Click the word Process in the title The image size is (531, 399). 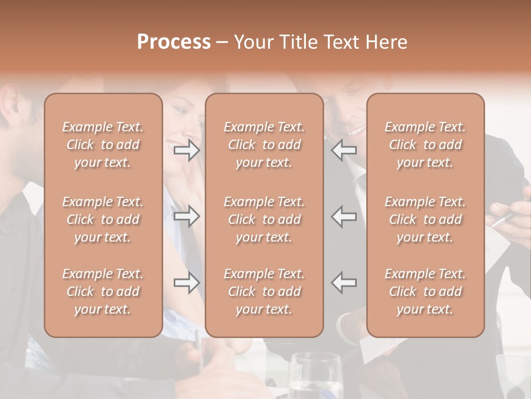coord(174,42)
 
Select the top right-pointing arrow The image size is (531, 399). coord(187,151)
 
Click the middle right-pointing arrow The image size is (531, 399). coord(187,216)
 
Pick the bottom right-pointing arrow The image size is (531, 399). coord(187,283)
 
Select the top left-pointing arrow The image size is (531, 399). coord(344,151)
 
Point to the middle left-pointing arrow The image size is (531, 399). coord(344,216)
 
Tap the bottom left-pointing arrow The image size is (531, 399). coord(344,283)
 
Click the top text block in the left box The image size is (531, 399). coord(103,145)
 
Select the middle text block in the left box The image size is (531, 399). coord(103,219)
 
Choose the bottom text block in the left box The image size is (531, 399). coord(103,291)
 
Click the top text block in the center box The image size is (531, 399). coord(264,145)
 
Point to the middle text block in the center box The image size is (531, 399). coord(264,219)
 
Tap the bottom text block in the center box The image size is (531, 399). coord(264,291)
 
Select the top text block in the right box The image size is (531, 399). coord(425,145)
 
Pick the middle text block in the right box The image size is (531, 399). coord(425,219)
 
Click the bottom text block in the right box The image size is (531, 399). coord(425,291)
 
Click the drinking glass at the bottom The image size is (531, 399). coord(316,377)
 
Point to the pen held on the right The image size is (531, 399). coord(504,219)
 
